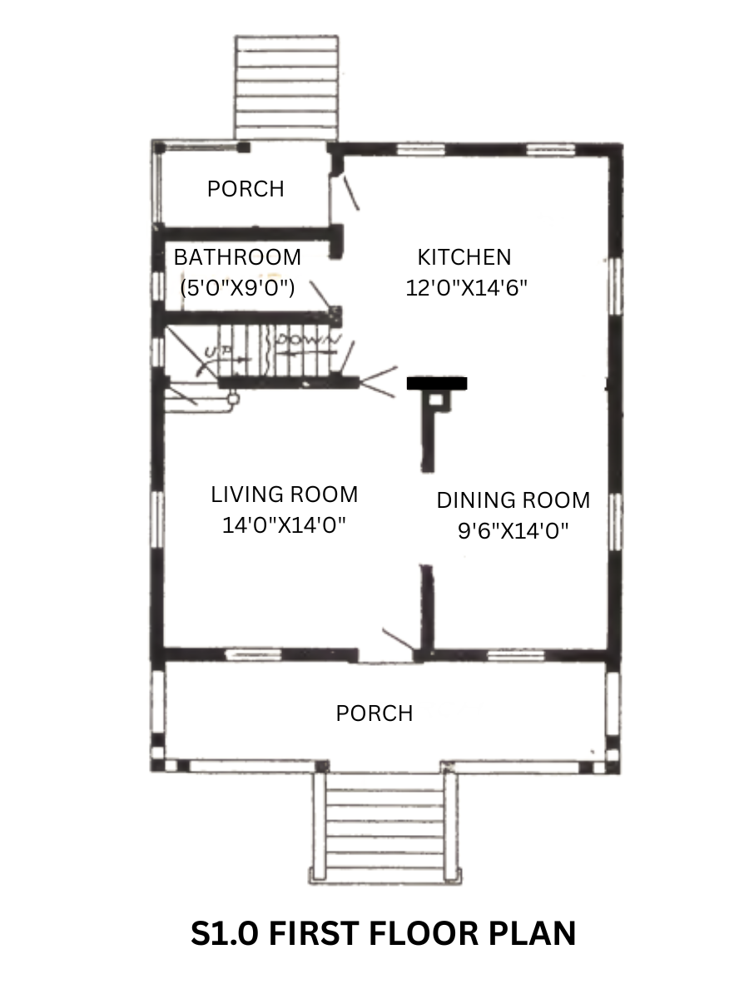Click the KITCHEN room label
[x=464, y=257]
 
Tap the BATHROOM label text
[x=237, y=257]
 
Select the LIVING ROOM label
[x=285, y=495]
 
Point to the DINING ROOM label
[x=513, y=500]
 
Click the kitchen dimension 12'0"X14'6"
[x=466, y=288]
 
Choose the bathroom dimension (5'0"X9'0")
[x=237, y=288]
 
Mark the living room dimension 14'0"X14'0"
[x=284, y=524]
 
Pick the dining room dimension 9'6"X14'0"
[x=513, y=530]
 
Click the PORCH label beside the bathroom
[x=246, y=189]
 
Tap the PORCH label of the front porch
[x=374, y=713]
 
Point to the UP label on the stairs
[x=217, y=351]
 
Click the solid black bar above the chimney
[x=437, y=383]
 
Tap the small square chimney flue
[x=436, y=400]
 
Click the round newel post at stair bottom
[x=233, y=400]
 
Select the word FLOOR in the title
[x=424, y=933]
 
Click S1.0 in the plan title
[x=224, y=933]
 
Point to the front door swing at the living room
[x=399, y=639]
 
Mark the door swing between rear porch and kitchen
[x=351, y=193]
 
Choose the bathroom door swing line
[x=320, y=294]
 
